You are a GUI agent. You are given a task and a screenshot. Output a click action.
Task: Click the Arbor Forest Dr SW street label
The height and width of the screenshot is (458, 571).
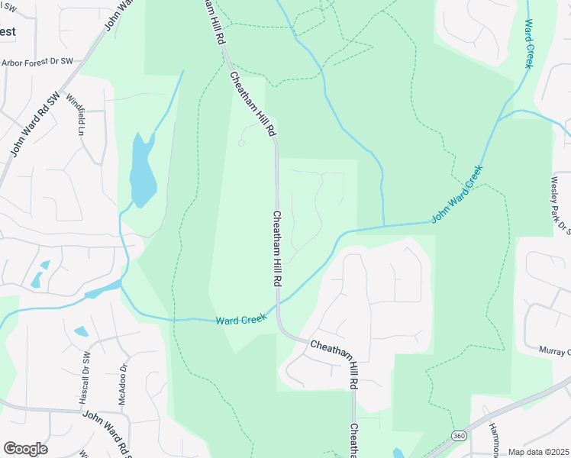tap(36, 62)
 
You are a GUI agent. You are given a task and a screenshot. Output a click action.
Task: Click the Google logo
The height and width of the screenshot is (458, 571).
tap(25, 449)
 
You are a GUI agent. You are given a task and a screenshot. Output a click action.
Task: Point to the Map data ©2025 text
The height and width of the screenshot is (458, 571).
tap(538, 452)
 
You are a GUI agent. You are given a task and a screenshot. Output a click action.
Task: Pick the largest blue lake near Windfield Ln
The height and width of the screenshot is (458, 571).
tap(142, 172)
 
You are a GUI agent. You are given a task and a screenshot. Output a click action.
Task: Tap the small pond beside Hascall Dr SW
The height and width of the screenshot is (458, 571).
tap(81, 332)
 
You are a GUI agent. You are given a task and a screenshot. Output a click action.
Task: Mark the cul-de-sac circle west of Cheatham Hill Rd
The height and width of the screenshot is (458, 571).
tap(242, 143)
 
